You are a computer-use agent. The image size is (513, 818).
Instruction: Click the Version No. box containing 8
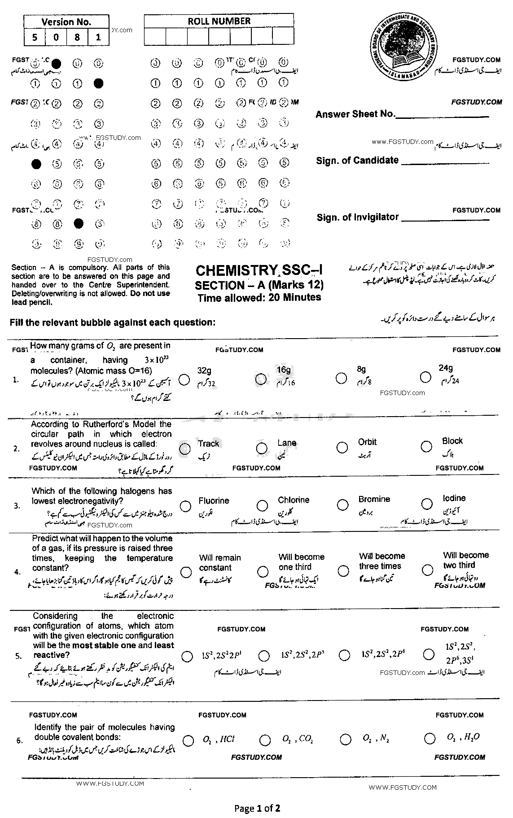[77, 37]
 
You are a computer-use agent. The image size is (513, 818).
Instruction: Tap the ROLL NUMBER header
[219, 21]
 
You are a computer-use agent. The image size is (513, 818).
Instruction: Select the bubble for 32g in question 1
[184, 379]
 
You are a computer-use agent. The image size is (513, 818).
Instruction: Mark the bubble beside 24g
[426, 378]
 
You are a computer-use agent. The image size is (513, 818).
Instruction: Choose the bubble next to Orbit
[342, 447]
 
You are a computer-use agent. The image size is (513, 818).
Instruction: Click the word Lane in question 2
[286, 443]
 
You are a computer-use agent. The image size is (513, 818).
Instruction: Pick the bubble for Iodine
[427, 505]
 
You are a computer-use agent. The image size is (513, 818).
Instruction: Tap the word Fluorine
[214, 501]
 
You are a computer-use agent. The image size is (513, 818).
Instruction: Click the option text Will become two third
[465, 560]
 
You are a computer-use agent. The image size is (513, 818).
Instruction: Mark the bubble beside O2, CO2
[265, 740]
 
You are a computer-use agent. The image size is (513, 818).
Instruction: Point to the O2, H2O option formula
[463, 737]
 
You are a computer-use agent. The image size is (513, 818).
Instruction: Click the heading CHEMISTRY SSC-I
[259, 270]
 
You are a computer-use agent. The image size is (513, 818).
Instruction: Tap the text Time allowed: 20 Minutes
[259, 297]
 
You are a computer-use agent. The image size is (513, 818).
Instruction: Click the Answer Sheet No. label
[355, 114]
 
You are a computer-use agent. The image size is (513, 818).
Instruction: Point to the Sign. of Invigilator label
[357, 217]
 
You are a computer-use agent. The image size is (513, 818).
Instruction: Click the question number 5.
[18, 656]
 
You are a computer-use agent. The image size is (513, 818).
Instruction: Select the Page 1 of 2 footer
[257, 809]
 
